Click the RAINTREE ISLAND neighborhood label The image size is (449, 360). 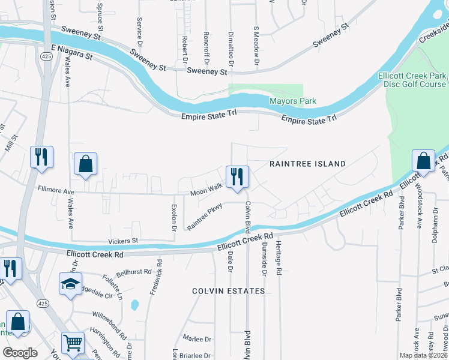pyautogui.click(x=307, y=164)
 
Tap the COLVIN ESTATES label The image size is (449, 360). pyautogui.click(x=228, y=291)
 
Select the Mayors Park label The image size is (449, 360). pyautogui.click(x=292, y=101)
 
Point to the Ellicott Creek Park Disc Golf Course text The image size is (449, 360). pyautogui.click(x=412, y=80)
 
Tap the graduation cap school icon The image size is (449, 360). pyautogui.click(x=70, y=284)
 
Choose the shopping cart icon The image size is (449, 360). pyautogui.click(x=73, y=344)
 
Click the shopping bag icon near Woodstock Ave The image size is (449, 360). pyautogui.click(x=423, y=162)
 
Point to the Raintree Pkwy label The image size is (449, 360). pyautogui.click(x=205, y=217)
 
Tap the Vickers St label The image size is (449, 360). pyautogui.click(x=123, y=241)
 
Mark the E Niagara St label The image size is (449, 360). pyautogui.click(x=71, y=52)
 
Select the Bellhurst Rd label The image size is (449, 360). pyautogui.click(x=133, y=272)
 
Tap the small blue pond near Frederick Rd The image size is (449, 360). pyautogui.click(x=134, y=305)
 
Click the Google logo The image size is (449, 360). pyautogui.click(x=20, y=353)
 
